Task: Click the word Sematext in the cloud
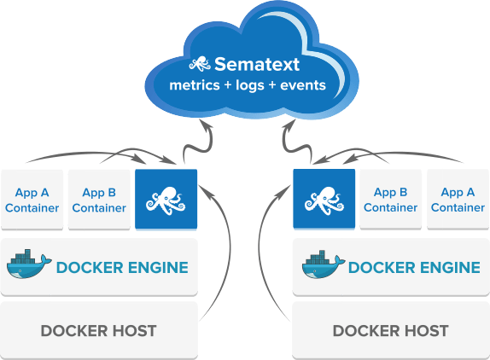(257, 64)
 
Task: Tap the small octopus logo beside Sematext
(200, 64)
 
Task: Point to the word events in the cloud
(303, 85)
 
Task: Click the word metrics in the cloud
(195, 85)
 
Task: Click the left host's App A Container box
(32, 200)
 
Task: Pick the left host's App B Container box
(99, 200)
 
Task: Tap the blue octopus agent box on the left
(166, 200)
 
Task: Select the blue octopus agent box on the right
(324, 200)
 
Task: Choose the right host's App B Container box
(391, 200)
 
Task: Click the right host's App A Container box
(458, 200)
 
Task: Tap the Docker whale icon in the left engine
(29, 264)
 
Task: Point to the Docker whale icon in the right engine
(324, 264)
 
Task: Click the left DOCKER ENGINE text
(122, 268)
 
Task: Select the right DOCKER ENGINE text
(414, 268)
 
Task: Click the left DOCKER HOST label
(98, 331)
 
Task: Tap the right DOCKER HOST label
(391, 331)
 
